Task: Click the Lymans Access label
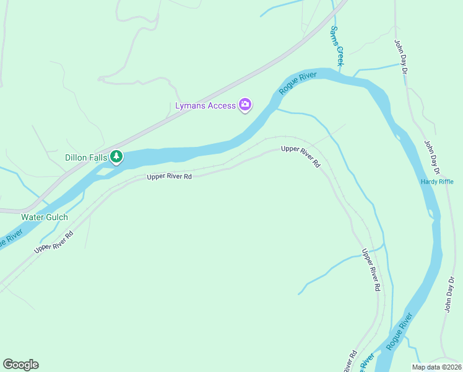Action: pos(206,105)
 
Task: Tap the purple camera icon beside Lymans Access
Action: pos(245,105)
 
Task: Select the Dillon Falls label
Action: pos(86,157)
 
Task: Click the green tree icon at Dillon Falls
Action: pos(116,157)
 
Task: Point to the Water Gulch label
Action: pos(45,217)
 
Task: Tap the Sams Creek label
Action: pos(337,46)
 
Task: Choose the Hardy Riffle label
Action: pos(437,182)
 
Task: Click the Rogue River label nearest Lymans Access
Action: pos(298,83)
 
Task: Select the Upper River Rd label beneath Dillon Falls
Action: pos(169,177)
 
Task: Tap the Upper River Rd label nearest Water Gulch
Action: pos(54,241)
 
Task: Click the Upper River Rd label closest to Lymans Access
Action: pos(300,157)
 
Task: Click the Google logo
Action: pos(20,365)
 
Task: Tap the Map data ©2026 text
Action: pos(436,367)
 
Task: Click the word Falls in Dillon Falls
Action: pos(98,157)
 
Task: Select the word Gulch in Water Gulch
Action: pos(56,217)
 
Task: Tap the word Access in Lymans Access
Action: pos(221,105)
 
